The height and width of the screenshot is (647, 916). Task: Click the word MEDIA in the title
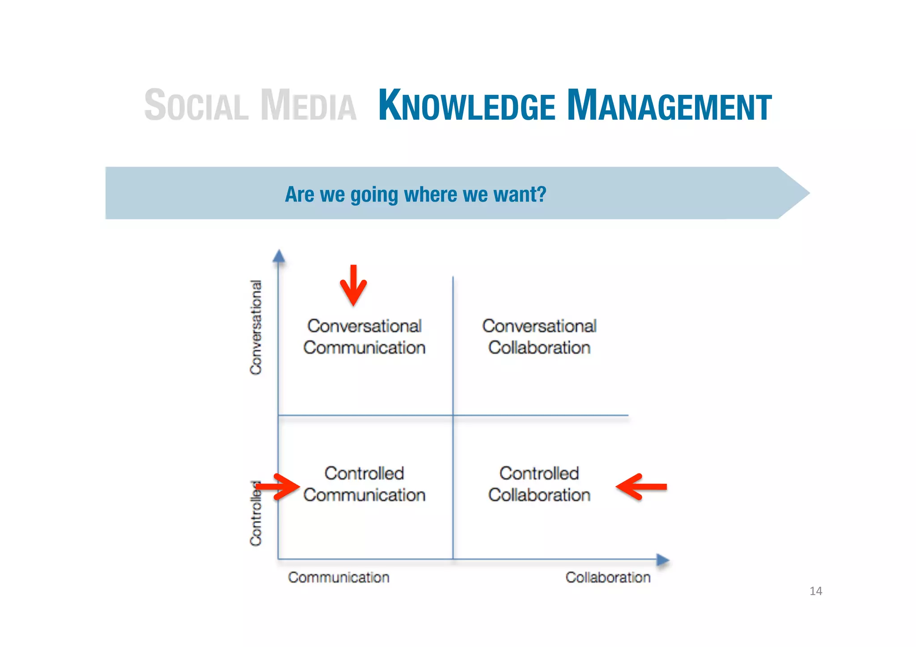(x=309, y=106)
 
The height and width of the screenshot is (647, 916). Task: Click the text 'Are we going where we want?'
(x=416, y=195)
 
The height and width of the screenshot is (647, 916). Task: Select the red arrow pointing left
(x=641, y=486)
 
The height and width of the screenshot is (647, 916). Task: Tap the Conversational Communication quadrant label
(x=364, y=337)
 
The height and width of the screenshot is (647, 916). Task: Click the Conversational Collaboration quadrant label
(x=539, y=337)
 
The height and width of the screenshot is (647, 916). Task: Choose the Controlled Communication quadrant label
(x=364, y=484)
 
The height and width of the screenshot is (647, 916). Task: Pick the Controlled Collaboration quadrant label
(x=539, y=484)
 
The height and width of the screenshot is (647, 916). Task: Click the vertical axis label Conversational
(x=256, y=327)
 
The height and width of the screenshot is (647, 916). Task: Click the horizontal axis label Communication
(x=339, y=577)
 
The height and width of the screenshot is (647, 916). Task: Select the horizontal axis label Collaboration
(x=608, y=577)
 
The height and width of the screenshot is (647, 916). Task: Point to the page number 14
(x=815, y=591)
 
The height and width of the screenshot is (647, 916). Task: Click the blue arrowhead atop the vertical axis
(x=279, y=256)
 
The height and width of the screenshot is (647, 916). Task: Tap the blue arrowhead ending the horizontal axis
(x=662, y=559)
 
